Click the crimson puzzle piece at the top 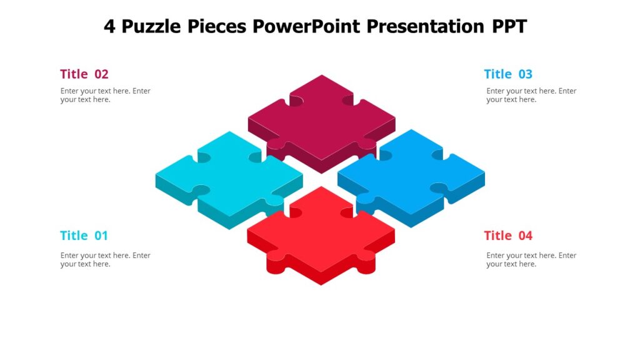pos(321,119)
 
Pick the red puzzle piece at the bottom pos(321,231)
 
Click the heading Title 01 pos(84,236)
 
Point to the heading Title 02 pos(84,74)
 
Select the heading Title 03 pos(507,74)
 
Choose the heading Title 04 pos(507,236)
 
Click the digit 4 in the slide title pos(109,26)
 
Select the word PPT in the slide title pos(509,26)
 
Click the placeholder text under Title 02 pos(105,95)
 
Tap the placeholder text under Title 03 pos(531,95)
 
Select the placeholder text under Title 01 pos(105,259)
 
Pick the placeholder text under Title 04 pos(531,259)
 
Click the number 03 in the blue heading pos(524,74)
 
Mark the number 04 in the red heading pos(524,236)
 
